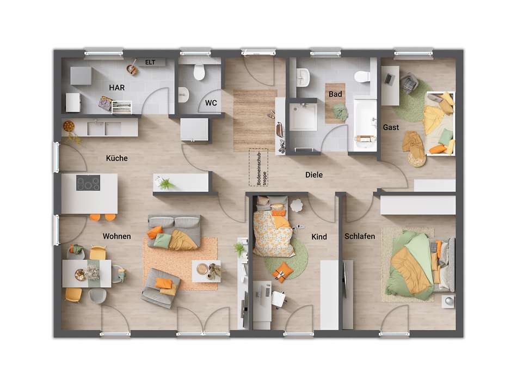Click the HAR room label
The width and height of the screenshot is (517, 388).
point(116,87)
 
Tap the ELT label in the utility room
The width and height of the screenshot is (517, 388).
point(150,63)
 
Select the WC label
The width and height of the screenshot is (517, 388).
point(211,102)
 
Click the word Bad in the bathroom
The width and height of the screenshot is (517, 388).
point(335,94)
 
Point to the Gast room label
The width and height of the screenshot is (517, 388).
point(391,128)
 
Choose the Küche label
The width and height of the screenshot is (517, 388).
point(117,158)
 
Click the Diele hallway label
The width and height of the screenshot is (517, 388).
point(314,175)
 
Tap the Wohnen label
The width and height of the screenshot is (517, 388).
point(116,236)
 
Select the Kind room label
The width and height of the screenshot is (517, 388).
point(319,237)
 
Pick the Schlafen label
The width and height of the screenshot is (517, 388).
point(360,237)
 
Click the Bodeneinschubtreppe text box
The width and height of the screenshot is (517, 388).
point(259,160)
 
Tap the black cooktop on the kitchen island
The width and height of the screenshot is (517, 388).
point(88,183)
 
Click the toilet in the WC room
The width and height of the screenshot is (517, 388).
point(199,71)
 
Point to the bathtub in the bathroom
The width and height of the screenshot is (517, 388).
point(365,125)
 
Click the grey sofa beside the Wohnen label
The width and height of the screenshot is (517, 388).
point(174,231)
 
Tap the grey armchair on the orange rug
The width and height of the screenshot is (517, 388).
point(161,286)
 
